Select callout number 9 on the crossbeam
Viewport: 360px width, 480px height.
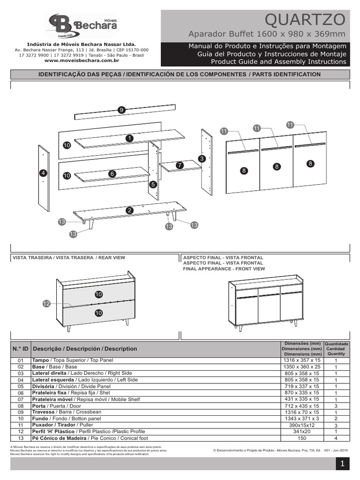point(121,110)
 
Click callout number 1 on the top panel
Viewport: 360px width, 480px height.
point(129,138)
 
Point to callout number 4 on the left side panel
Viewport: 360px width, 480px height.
point(43,173)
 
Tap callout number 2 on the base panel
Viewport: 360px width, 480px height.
point(129,211)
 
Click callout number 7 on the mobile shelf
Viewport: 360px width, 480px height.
point(179,165)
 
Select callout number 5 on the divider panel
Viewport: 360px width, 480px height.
point(153,185)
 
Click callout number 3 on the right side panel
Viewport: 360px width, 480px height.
point(202,159)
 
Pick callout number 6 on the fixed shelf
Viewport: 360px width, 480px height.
point(112,173)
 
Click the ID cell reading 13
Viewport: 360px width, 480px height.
point(20,438)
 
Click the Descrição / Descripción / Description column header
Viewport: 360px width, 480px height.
point(85,349)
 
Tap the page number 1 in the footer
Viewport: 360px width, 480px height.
point(343,464)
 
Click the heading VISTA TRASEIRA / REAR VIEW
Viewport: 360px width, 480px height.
point(69,258)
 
